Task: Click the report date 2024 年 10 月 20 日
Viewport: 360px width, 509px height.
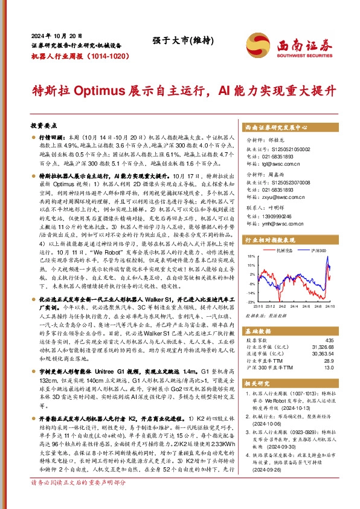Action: pyautogui.click(x=56, y=36)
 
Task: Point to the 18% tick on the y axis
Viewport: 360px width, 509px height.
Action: pyautogui.click(x=251, y=273)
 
